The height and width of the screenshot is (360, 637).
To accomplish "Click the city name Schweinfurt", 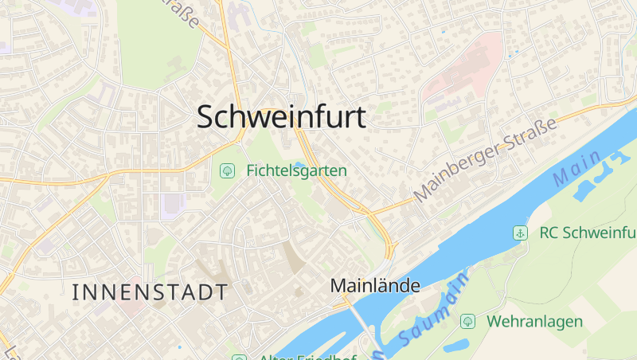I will [281, 117].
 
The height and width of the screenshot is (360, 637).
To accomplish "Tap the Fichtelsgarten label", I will [296, 170].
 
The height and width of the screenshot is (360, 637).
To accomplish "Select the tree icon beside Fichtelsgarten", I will [227, 170].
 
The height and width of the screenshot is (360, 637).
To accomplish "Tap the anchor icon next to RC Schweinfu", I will [519, 233].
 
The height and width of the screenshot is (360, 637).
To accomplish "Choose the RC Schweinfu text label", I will [588, 233].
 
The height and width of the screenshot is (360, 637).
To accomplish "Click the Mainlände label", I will [374, 285].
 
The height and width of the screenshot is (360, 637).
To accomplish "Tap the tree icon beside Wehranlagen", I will [467, 322].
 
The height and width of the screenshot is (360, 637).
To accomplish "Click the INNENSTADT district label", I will [150, 292].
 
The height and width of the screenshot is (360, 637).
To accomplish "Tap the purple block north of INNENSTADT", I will [171, 205].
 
